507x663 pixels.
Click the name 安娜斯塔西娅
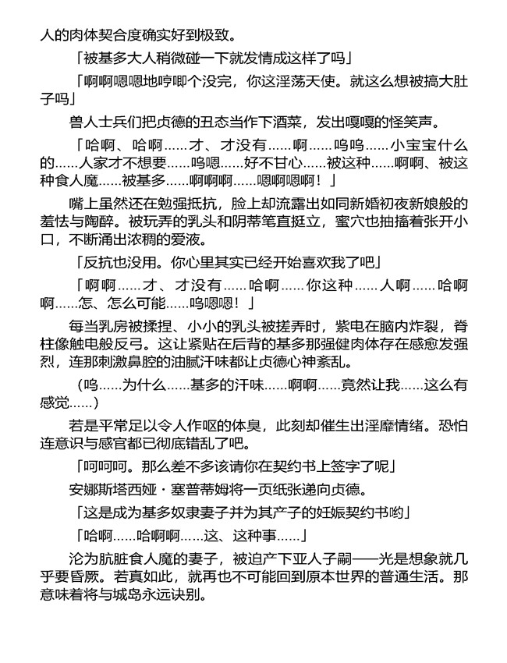coord(115,490)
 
